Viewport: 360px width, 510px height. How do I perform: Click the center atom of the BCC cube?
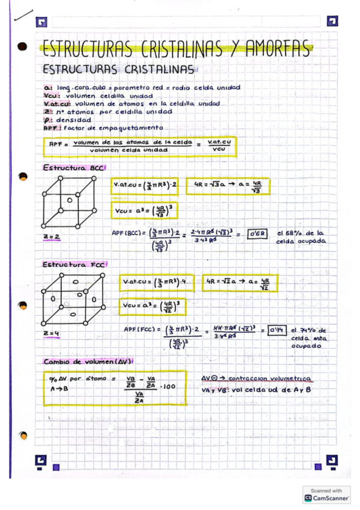pos(70,200)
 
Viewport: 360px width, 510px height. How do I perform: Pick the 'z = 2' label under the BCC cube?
pos(51,237)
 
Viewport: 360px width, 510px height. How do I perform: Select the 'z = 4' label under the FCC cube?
pos(51,333)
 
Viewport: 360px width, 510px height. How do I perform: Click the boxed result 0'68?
pos(256,233)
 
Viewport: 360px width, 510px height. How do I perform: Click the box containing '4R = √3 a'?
pos(228,186)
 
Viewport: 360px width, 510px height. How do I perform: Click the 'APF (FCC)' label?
pos(138,329)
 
